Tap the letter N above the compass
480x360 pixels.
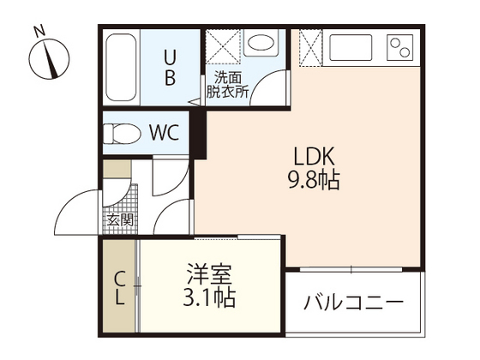click(x=39, y=31)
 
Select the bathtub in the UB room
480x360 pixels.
click(x=121, y=69)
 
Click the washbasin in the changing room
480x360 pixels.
click(x=259, y=44)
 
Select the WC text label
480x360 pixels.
click(x=164, y=133)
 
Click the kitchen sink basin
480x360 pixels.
click(x=350, y=47)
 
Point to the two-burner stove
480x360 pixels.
click(x=399, y=46)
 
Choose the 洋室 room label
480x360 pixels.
click(x=209, y=278)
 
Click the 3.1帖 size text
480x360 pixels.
click(x=209, y=300)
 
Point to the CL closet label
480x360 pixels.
click(x=121, y=288)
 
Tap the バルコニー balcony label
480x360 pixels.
click(x=353, y=303)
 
